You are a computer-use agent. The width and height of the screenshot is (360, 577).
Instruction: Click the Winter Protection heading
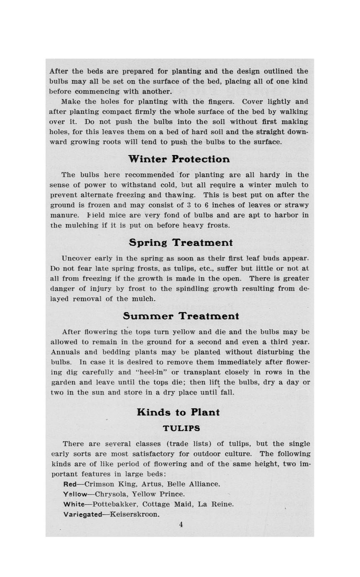click(x=179, y=159)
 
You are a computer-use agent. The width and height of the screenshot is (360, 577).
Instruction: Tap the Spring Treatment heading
click(x=181, y=243)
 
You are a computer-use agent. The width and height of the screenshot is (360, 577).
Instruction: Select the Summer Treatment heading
click(x=181, y=316)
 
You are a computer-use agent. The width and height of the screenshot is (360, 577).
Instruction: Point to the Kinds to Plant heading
click(x=178, y=412)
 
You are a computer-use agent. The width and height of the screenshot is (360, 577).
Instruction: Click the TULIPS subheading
click(x=181, y=429)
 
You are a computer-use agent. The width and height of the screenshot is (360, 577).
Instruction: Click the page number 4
click(x=181, y=525)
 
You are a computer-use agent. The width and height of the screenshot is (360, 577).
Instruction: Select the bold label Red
click(x=70, y=484)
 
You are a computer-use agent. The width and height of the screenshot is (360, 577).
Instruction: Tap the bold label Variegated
click(x=82, y=514)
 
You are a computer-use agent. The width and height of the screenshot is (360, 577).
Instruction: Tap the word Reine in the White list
click(x=222, y=504)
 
